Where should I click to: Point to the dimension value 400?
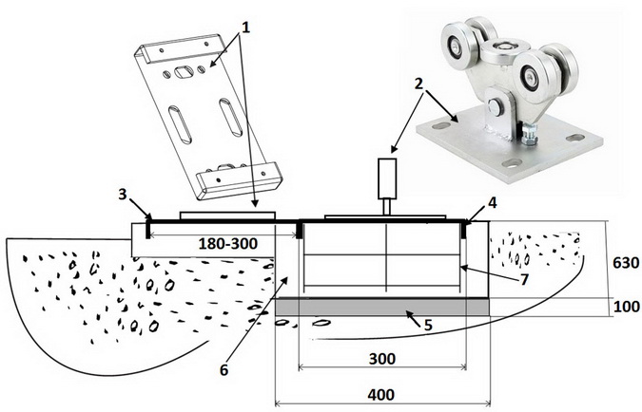click(x=381, y=394)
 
